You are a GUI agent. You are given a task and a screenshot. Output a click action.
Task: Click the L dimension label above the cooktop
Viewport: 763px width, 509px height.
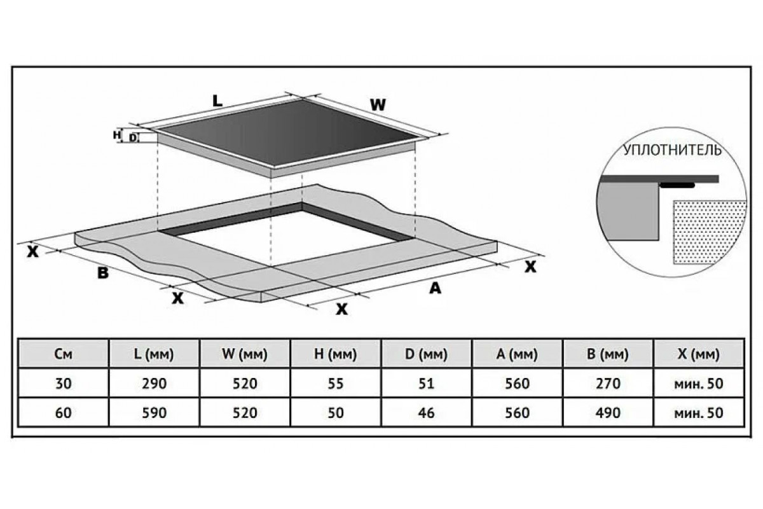[x=217, y=101]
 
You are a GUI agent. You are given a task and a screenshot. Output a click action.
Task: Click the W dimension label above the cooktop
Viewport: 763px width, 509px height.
[x=378, y=105]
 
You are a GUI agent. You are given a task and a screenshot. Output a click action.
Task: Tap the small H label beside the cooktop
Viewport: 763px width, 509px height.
[x=116, y=135]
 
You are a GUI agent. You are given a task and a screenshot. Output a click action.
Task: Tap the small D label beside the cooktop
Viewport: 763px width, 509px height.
[x=132, y=137]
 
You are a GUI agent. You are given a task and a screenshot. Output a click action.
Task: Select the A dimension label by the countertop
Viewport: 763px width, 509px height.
[x=434, y=288]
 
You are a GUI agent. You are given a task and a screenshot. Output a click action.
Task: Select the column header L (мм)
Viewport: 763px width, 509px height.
[x=154, y=354]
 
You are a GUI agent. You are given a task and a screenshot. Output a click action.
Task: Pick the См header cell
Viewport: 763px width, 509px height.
[x=64, y=354]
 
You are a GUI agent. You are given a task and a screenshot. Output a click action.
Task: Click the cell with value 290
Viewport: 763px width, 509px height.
[x=154, y=383]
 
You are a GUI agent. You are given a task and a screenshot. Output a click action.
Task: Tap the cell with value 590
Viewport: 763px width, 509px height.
[x=154, y=412]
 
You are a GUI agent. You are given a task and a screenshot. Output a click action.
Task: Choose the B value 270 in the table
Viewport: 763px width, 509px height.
[x=608, y=383]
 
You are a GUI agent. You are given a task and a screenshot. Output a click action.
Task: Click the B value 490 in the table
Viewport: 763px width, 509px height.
[x=608, y=412]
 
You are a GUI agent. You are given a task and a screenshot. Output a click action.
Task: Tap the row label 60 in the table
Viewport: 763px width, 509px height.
[x=64, y=412]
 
